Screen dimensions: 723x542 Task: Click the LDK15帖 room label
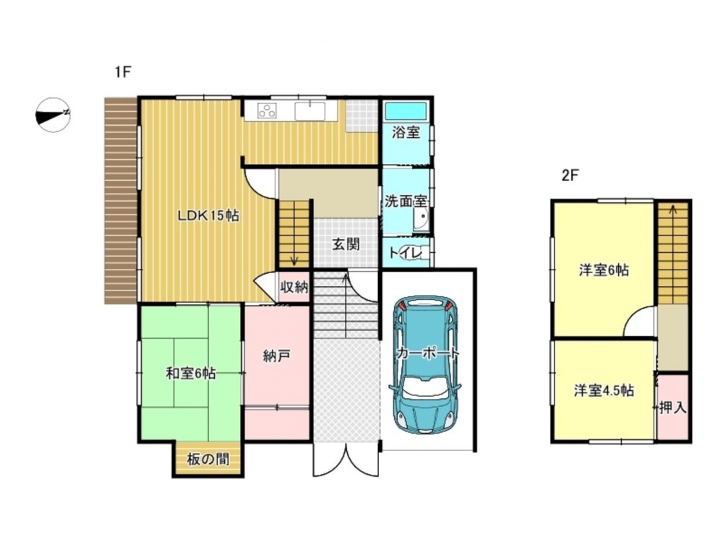(x=208, y=215)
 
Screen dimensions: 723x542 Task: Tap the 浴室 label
(x=406, y=133)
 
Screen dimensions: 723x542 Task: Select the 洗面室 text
(x=406, y=201)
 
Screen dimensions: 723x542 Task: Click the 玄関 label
(x=346, y=244)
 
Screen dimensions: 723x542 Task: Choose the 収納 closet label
(x=294, y=287)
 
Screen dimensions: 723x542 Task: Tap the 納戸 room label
(x=277, y=356)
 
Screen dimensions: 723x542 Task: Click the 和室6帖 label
(x=191, y=373)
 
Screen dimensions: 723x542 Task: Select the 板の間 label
(x=208, y=459)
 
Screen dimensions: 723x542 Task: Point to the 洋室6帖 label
(x=604, y=270)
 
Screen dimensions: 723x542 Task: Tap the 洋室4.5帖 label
(x=604, y=390)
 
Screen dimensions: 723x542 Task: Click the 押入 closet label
(x=673, y=408)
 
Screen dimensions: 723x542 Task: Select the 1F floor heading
(x=124, y=72)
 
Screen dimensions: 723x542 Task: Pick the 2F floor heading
(x=570, y=175)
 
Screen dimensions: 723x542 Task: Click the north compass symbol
(x=53, y=115)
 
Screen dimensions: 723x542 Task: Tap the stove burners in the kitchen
(x=267, y=111)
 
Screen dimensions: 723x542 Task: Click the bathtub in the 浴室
(x=406, y=111)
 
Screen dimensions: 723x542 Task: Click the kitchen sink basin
(x=310, y=111)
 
